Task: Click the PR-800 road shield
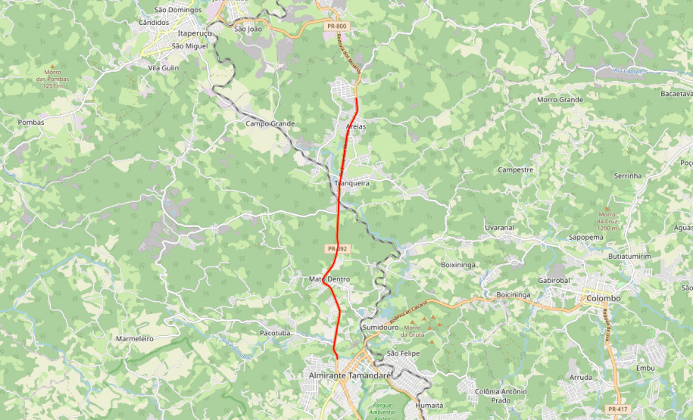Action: [337, 26]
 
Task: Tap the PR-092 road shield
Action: [337, 248]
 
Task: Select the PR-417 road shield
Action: [617, 409]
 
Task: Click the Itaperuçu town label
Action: [192, 34]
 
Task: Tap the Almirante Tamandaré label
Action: [349, 375]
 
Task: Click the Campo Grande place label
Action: [270, 123]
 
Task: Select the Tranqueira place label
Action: [351, 183]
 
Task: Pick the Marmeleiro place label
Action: [134, 338]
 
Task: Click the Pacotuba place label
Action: [275, 332]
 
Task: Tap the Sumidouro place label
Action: [380, 327]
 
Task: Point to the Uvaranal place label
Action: [499, 227]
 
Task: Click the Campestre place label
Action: [516, 170]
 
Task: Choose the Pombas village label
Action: [31, 122]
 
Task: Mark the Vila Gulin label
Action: [163, 67]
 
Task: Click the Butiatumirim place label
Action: [629, 257]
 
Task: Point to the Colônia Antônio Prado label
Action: [500, 395]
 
